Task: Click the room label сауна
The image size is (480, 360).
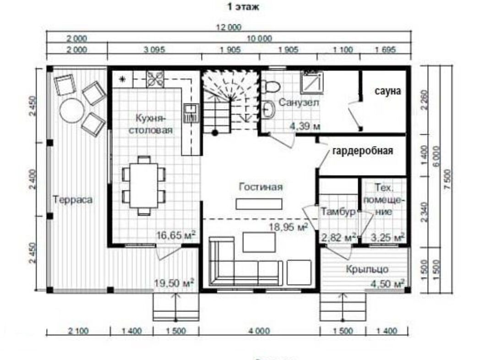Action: point(388,91)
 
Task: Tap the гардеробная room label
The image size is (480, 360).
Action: point(362,151)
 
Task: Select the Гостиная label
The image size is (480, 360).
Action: point(261,187)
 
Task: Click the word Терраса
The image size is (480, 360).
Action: point(73,200)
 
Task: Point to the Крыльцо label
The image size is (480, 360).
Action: point(367,269)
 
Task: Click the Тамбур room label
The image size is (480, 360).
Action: point(338,212)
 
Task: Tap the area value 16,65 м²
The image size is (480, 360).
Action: point(176,235)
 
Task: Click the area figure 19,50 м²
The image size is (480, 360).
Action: point(174,283)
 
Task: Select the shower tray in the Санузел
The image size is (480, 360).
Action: point(312,82)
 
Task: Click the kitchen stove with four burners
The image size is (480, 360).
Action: point(155,79)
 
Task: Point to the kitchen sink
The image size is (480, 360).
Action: point(191,113)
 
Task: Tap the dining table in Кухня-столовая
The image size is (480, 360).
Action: point(143,185)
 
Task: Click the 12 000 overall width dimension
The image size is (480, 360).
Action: point(229,27)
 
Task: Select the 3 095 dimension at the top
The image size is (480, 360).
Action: point(154,49)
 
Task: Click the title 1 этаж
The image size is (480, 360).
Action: point(243,7)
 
